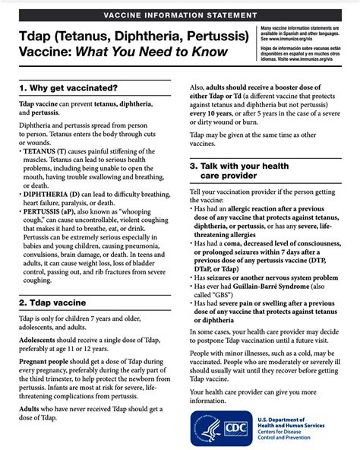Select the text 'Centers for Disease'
[303, 434]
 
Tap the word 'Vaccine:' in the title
[43, 51]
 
